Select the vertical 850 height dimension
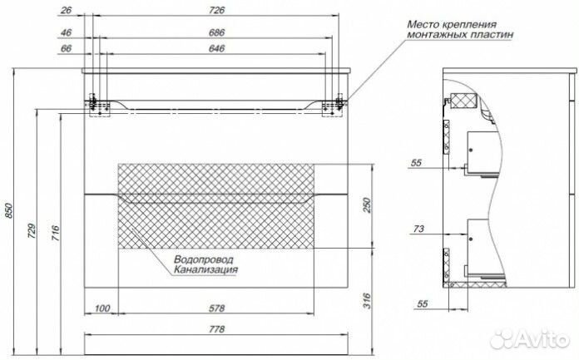pos(10,212)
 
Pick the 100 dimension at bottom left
pos(102,308)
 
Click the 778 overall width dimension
pos(217,329)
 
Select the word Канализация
pos(206,269)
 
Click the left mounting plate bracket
pos(98,104)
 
